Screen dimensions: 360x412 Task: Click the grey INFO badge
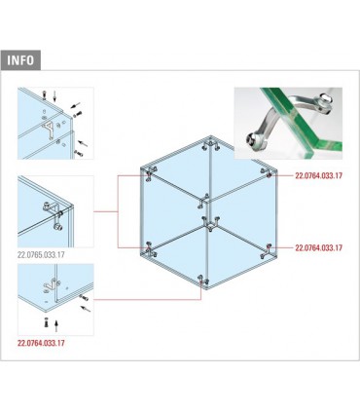20,60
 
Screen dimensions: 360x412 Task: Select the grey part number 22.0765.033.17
41,255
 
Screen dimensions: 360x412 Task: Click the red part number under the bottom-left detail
41,343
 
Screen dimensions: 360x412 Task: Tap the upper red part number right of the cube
318,175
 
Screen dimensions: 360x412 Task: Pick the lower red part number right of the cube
318,247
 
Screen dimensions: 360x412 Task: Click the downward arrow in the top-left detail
54,96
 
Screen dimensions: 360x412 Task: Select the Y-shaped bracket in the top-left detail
49,129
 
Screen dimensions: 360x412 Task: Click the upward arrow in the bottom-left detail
55,325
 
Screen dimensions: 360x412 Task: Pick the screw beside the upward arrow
46,322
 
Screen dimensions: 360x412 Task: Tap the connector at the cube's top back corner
210,145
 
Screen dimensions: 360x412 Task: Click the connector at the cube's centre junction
210,224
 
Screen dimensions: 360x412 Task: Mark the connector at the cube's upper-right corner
267,172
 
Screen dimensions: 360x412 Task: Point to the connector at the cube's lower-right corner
267,251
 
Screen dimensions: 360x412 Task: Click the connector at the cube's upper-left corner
150,172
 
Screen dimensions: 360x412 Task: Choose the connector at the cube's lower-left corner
150,249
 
